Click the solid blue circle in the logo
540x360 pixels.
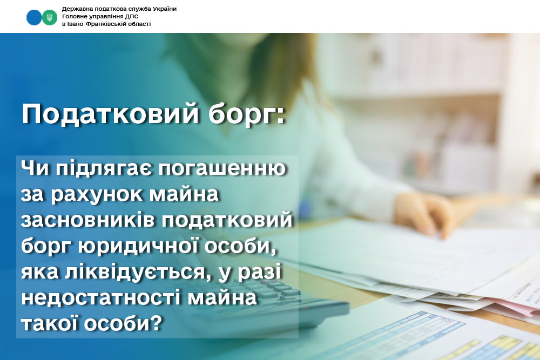coord(33,17)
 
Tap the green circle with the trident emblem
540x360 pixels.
coord(50,17)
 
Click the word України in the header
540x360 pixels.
coord(163,9)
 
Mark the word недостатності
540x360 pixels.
coord(100,298)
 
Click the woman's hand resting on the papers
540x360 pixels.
coord(423,214)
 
